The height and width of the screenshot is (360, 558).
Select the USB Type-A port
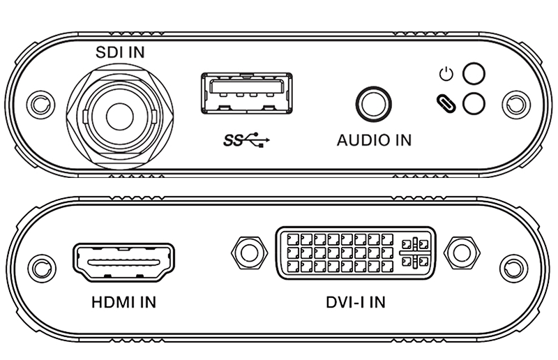pyautogui.click(x=242, y=93)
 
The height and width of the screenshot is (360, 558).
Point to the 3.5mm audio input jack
pyautogui.click(x=374, y=105)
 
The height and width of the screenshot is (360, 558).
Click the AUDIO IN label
pyautogui.click(x=374, y=140)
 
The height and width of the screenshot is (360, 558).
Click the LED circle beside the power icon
pyautogui.click(x=474, y=73)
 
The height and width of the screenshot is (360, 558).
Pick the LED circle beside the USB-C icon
pyautogui.click(x=474, y=103)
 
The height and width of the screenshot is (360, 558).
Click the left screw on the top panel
pyautogui.click(x=38, y=105)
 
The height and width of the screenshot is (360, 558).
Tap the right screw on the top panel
pyautogui.click(x=515, y=105)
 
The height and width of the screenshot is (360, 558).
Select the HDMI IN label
pyautogui.click(x=123, y=303)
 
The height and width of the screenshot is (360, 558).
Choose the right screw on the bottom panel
pyautogui.click(x=515, y=267)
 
